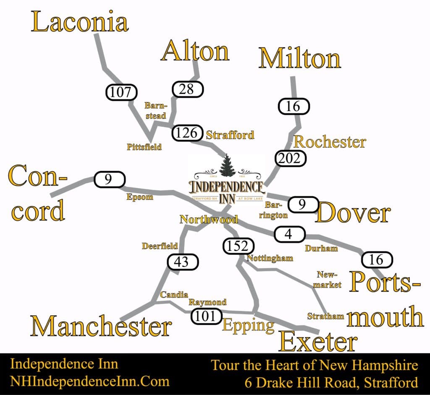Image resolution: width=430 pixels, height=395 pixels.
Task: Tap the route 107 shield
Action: pos(121,92)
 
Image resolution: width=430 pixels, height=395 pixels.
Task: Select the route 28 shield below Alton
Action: pos(187,89)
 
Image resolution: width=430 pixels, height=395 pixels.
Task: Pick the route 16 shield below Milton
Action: pos(295,106)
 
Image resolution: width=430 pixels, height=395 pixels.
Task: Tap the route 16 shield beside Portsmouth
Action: pos(377,259)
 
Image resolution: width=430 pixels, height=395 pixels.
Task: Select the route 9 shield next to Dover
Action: pos(302,205)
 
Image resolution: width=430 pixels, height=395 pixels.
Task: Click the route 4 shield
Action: pos(288,234)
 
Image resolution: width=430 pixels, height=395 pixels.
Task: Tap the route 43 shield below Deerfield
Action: pos(183,262)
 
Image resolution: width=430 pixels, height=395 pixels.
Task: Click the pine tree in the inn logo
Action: pos(228,165)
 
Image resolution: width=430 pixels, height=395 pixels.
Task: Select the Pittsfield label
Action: pos(144,147)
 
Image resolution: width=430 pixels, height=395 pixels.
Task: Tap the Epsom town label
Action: pos(140,197)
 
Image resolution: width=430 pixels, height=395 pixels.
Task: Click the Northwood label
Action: pos(209,219)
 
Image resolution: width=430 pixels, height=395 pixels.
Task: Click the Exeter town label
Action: pos(318,342)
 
